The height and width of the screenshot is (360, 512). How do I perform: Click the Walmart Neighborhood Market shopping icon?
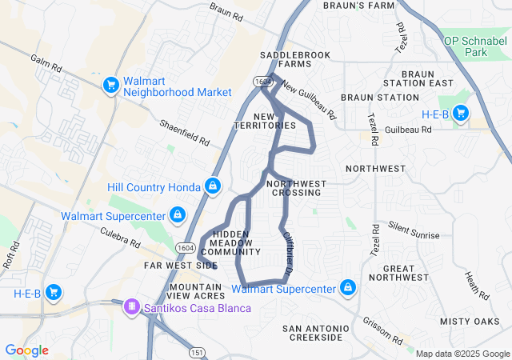pyautogui.click(x=110, y=84)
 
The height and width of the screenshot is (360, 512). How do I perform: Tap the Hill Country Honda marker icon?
pyautogui.click(x=212, y=187)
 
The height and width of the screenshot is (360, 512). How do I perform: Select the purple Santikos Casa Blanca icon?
pyautogui.click(x=130, y=307)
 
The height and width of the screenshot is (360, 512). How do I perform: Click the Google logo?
pyautogui.click(x=27, y=350)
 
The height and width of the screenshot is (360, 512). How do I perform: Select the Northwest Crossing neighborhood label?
pyautogui.click(x=297, y=188)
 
